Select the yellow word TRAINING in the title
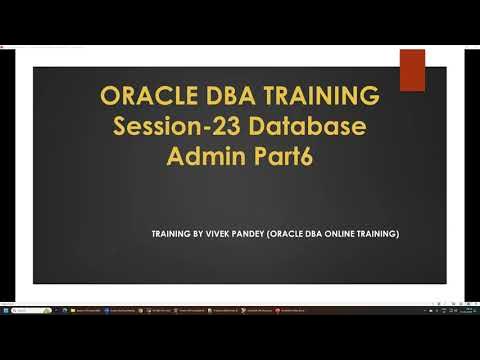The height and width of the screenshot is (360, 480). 315,98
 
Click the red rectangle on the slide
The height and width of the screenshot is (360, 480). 412,70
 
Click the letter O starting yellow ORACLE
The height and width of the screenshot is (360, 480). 110,98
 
